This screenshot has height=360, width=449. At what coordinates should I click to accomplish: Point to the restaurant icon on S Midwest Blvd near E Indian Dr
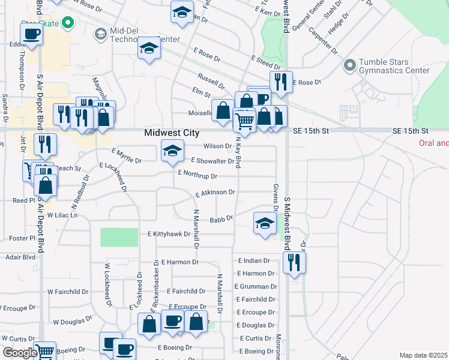click(x=294, y=263)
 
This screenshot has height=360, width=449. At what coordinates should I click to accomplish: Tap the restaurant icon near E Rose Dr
click(x=281, y=81)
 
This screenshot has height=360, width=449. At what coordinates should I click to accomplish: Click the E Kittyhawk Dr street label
click(x=169, y=234)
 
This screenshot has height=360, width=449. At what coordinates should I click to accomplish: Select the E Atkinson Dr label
click(x=215, y=193)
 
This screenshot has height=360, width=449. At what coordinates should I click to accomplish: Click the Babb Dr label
click(x=221, y=220)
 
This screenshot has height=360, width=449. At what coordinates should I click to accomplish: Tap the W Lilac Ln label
click(x=62, y=214)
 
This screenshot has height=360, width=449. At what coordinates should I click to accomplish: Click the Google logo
click(x=19, y=352)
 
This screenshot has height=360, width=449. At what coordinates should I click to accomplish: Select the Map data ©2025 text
click(x=423, y=355)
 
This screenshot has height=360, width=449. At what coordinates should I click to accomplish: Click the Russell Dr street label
click(x=211, y=78)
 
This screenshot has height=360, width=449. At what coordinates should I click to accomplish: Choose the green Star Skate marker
click(x=67, y=24)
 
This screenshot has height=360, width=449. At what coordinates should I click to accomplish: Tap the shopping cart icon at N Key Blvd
click(x=244, y=121)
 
